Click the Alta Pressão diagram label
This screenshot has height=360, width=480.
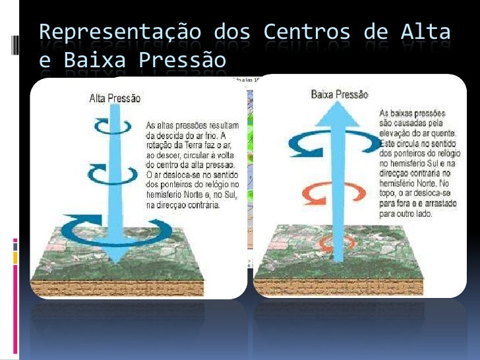[115, 98]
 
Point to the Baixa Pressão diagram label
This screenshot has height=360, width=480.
[340, 94]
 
